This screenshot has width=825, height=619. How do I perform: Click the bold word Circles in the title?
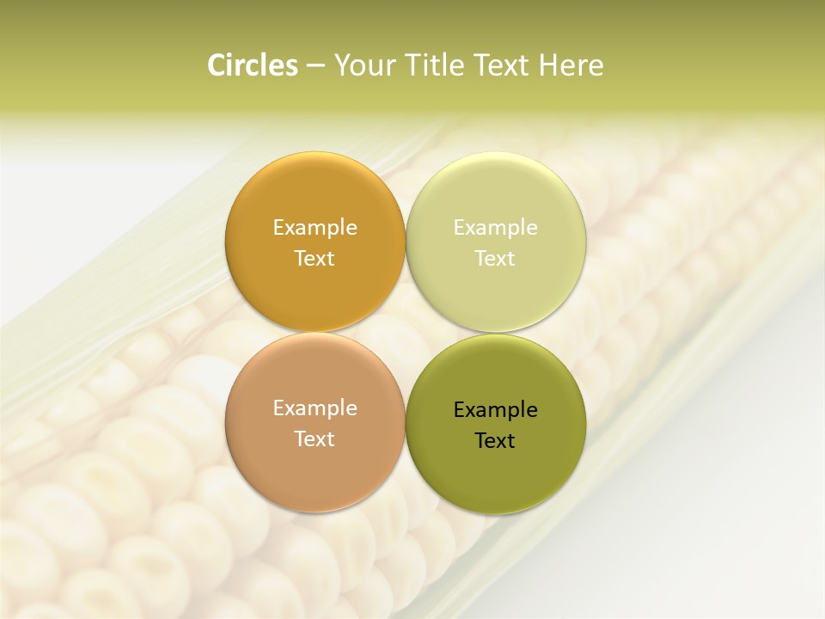[x=252, y=65]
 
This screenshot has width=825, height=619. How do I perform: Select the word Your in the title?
[x=362, y=65]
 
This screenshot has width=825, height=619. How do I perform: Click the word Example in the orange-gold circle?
[x=315, y=228]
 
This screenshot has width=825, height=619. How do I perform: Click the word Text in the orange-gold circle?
[x=315, y=259]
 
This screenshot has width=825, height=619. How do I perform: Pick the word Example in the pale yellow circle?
[x=495, y=228]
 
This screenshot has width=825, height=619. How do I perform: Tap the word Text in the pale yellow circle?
[x=495, y=259]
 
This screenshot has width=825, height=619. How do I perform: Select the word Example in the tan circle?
[x=315, y=408]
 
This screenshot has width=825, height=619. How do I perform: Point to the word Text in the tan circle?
[x=315, y=439]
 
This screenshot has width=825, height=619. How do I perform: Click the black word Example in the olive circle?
[x=495, y=410]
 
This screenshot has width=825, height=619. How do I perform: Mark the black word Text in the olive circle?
[x=495, y=441]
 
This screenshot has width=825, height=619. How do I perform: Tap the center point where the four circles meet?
[x=406, y=333]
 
